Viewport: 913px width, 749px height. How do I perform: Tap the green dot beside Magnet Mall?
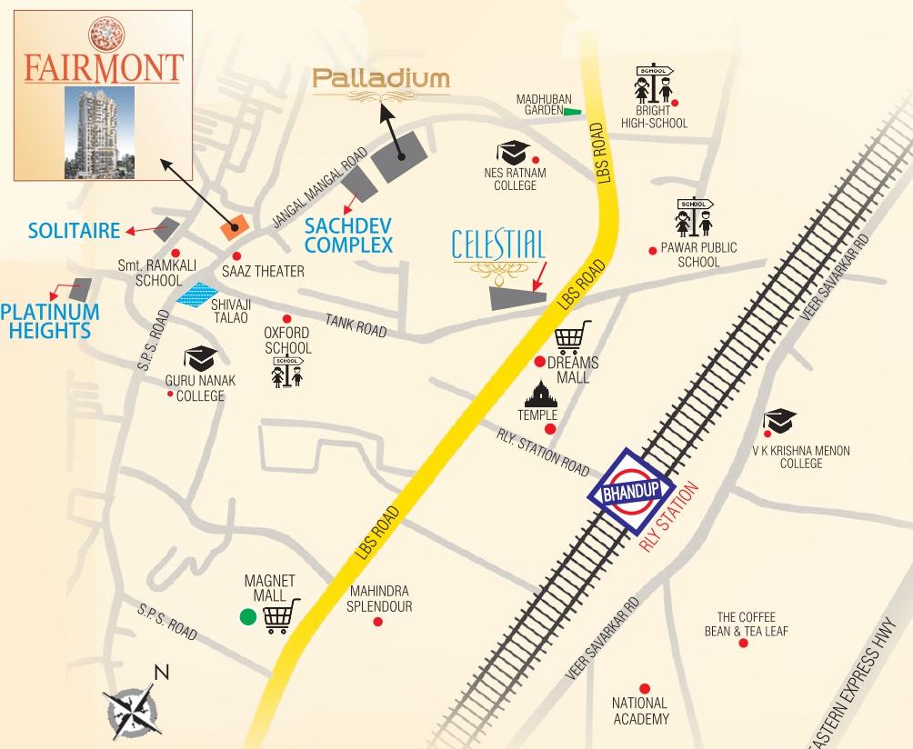coord(246,618)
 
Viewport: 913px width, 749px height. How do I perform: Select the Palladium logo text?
coord(381,80)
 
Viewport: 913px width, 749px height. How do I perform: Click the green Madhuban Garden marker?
coord(572,112)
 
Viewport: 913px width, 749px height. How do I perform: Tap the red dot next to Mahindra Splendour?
coord(378,623)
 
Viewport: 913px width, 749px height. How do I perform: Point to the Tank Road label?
coord(356,325)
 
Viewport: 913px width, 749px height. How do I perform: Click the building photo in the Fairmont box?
coord(102,132)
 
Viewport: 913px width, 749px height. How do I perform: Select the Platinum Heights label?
coord(49,321)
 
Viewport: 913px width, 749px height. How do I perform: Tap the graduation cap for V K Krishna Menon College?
coord(779,421)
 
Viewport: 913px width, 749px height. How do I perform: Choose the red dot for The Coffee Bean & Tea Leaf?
coord(744,643)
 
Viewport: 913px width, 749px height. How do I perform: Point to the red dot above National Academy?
coord(644,688)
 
